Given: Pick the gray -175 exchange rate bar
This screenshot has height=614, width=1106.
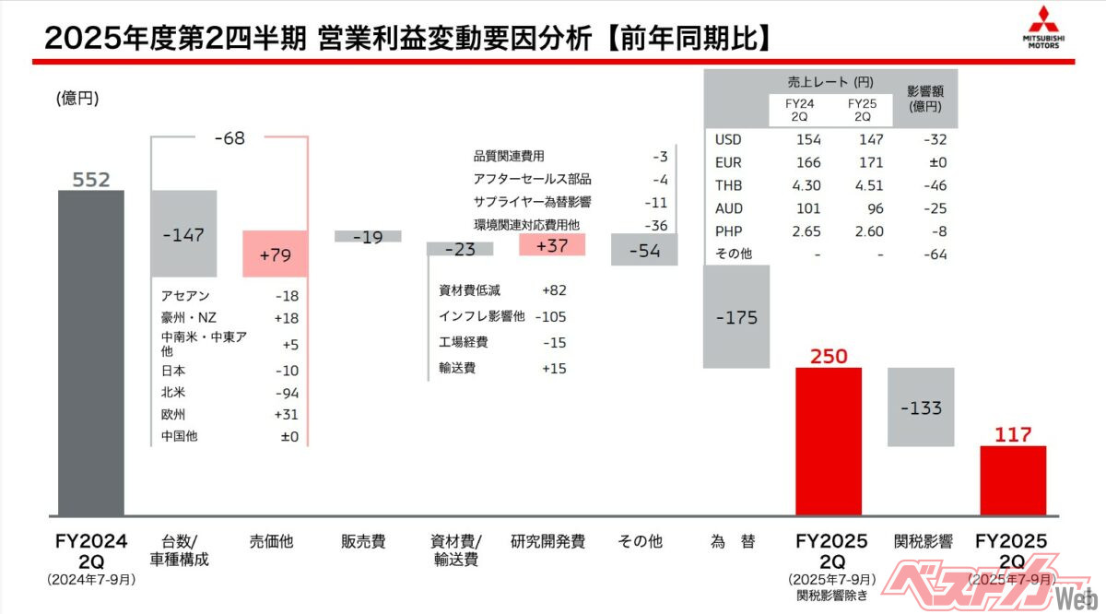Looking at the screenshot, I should pos(735,317).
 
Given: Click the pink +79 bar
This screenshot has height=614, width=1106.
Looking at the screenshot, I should pos(276,254).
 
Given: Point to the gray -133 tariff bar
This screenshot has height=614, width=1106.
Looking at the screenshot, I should pos(920,407).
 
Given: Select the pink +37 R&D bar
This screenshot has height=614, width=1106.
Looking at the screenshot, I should pos(552,244).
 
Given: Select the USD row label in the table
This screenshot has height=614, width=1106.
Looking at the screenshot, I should pos(728,140).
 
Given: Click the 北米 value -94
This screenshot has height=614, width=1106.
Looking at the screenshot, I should pos(285,393).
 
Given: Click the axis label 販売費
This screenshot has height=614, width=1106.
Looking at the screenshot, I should pos(363,542).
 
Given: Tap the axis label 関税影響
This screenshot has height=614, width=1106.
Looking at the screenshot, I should pos(923,542).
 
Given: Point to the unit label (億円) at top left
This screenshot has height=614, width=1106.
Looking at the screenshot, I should pos(76,98).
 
